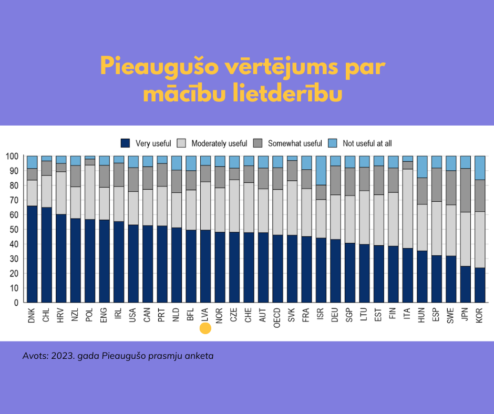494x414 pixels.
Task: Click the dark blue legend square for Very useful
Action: point(125,143)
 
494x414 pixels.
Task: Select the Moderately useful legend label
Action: point(219,143)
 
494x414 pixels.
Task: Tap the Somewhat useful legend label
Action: point(295,143)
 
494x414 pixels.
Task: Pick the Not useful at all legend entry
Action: point(367,143)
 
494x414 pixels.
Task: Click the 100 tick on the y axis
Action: point(12,156)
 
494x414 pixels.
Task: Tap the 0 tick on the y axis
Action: point(16,303)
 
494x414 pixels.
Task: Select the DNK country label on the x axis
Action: point(32,315)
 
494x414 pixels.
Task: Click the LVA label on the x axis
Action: point(205,314)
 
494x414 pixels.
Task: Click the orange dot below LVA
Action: point(205,328)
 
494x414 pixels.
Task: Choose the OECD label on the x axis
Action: point(277,317)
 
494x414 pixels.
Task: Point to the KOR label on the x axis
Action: point(479,315)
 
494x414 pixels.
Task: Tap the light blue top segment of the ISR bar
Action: point(321,170)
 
